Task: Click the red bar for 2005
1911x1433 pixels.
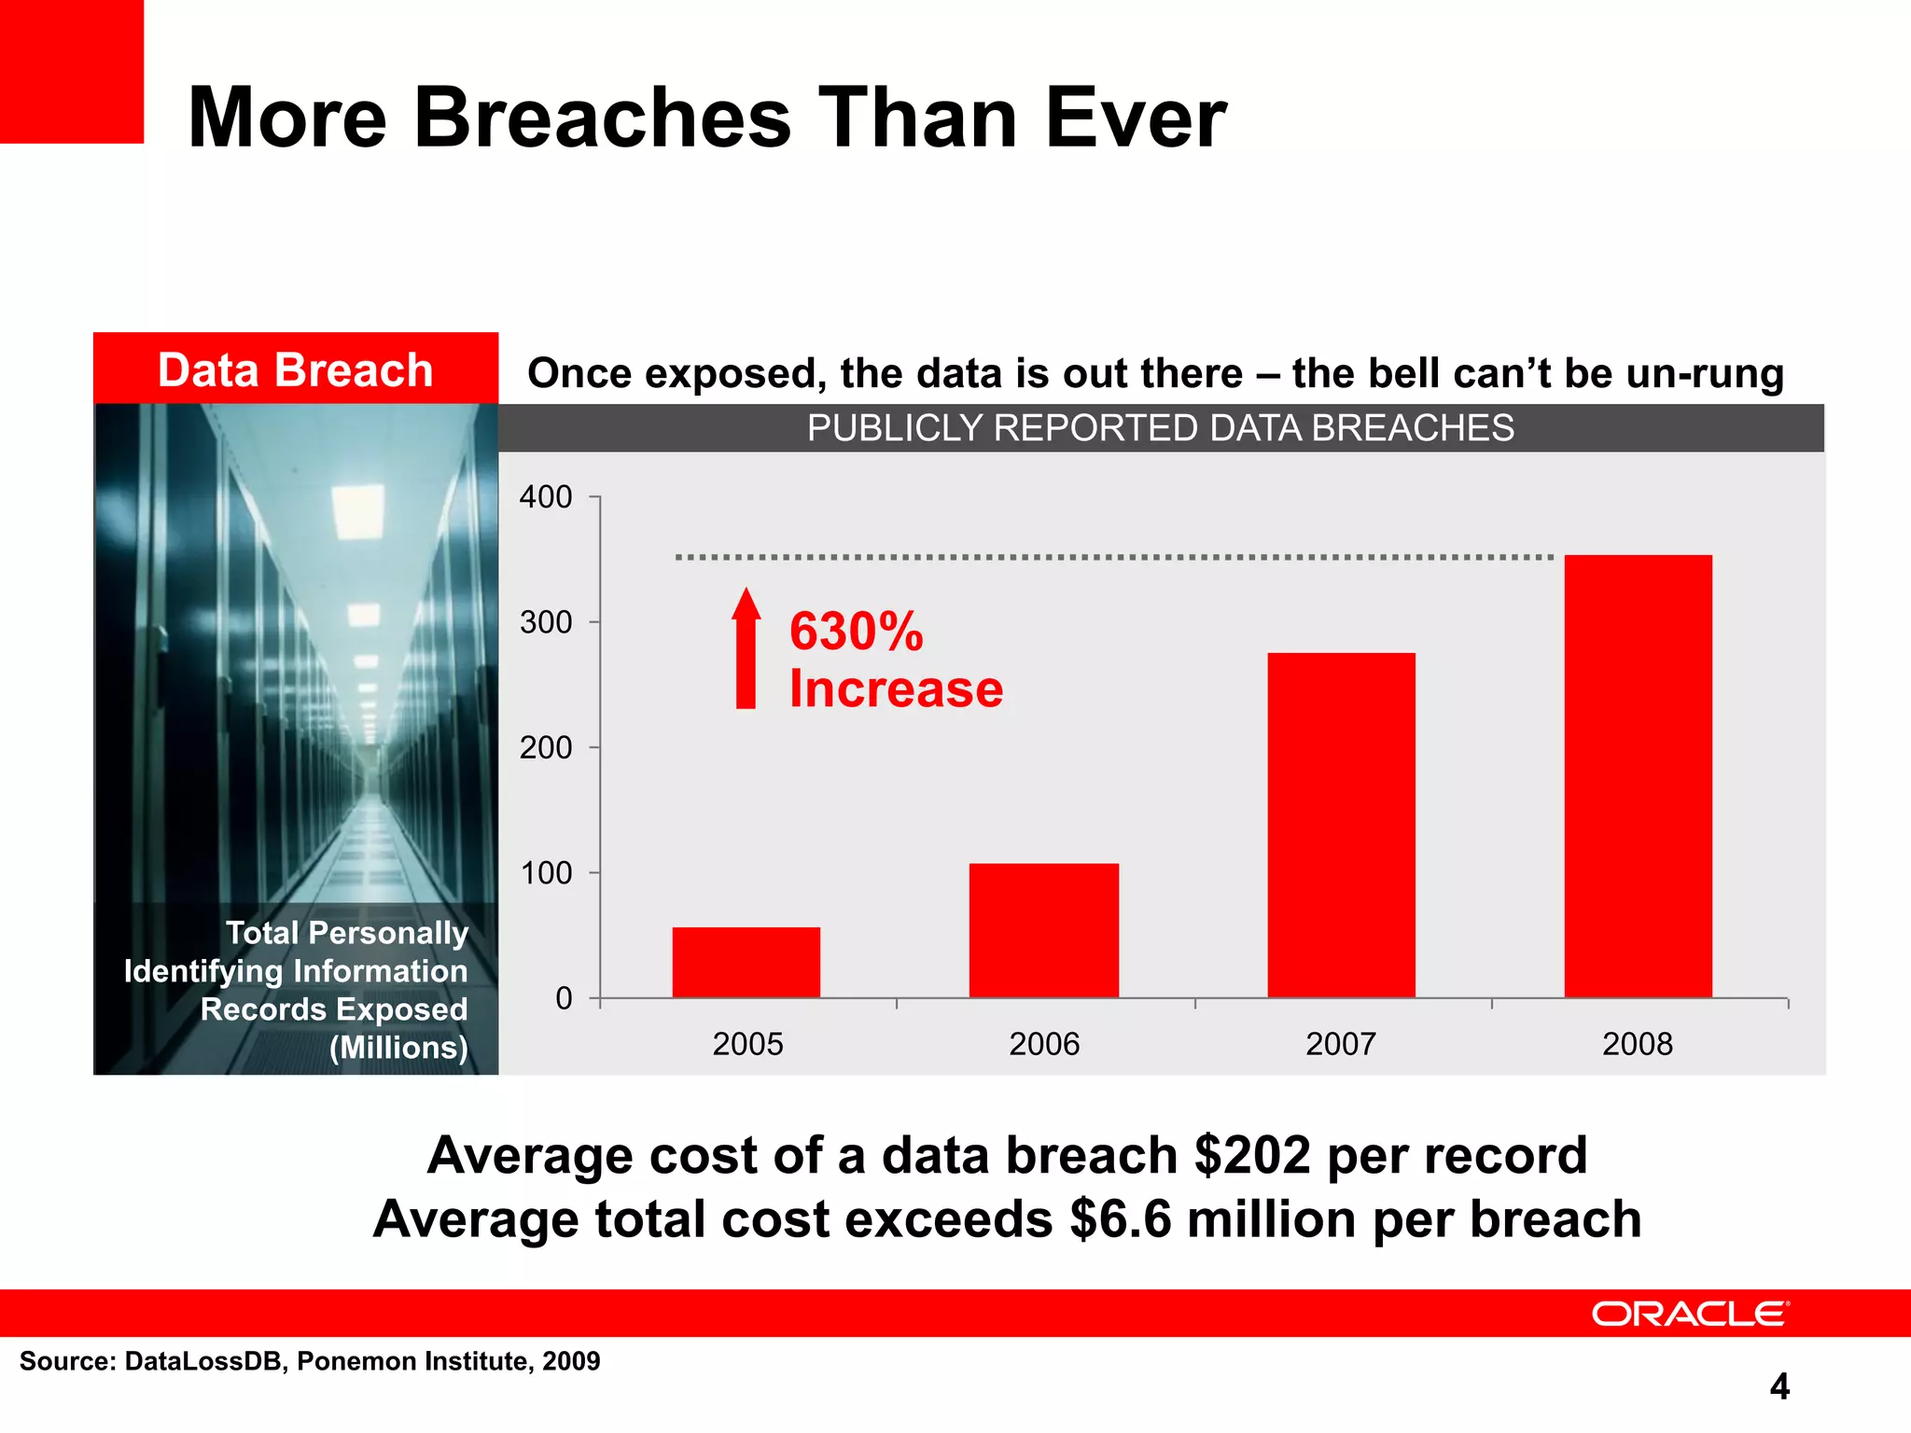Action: tap(746, 962)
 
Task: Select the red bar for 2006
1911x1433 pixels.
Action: tap(1043, 930)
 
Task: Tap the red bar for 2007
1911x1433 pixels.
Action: tap(1341, 825)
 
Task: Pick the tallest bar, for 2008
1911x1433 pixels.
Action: tap(1638, 776)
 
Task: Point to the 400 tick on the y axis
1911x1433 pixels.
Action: tap(546, 497)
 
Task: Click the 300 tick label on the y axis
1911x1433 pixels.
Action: tap(546, 622)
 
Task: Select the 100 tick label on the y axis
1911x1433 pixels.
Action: tap(546, 873)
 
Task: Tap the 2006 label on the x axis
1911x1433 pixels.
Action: tap(1043, 1043)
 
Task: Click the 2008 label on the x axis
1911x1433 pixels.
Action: tap(1637, 1043)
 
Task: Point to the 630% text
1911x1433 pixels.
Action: tap(856, 632)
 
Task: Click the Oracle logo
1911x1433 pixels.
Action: tap(1690, 1314)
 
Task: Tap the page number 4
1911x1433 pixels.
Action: tap(1778, 1386)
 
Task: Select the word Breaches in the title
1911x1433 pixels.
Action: tap(602, 118)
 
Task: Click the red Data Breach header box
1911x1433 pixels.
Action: tap(295, 369)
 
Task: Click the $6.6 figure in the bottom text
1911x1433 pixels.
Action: tap(1120, 1219)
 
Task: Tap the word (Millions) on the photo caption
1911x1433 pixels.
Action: tap(398, 1048)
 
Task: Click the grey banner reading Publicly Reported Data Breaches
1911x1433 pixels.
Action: tap(1160, 428)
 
